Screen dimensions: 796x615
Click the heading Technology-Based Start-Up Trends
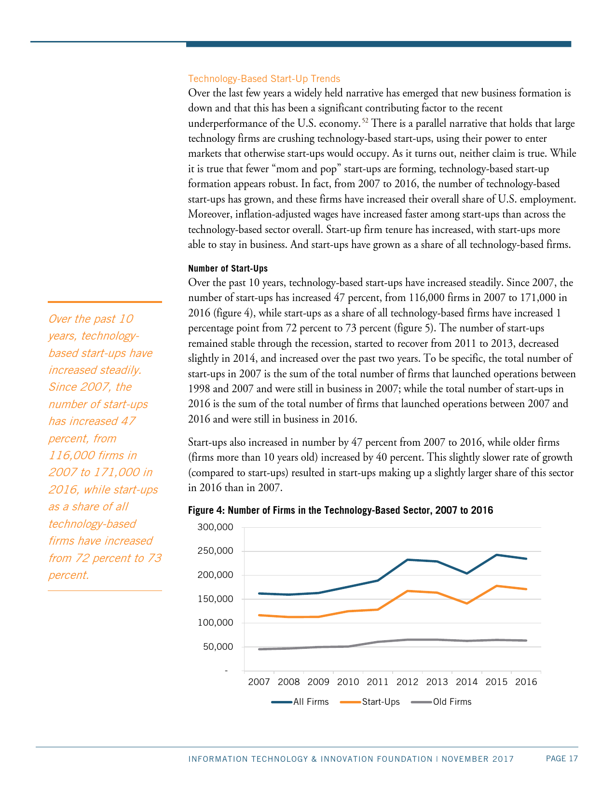pyautogui.click(x=264, y=79)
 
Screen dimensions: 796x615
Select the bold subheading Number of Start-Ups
pyautogui.click(x=228, y=268)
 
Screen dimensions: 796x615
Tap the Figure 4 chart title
pyautogui.click(x=340, y=510)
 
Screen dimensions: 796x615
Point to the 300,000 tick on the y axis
pyautogui.click(x=215, y=527)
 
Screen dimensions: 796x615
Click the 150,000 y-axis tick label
pyautogui.click(x=215, y=599)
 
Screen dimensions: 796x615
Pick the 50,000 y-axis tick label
pyautogui.click(x=218, y=646)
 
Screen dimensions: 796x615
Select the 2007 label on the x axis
pyautogui.click(x=259, y=682)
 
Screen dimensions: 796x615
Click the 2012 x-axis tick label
pyautogui.click(x=407, y=682)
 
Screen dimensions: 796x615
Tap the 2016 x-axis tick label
pyautogui.click(x=526, y=682)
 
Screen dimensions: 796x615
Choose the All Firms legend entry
pyautogui.click(x=300, y=702)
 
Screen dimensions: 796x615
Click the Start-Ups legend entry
pyautogui.click(x=370, y=702)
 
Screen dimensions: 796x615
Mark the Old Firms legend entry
pyautogui.click(x=441, y=702)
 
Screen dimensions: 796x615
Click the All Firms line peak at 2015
pyautogui.click(x=496, y=555)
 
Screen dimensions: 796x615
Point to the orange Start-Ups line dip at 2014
pyautogui.click(x=467, y=603)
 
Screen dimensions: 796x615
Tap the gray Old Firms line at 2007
pyautogui.click(x=260, y=649)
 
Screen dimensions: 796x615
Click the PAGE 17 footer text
pyautogui.click(x=561, y=759)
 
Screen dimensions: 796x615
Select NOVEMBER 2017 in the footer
pyautogui.click(x=478, y=759)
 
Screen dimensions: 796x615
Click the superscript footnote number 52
pyautogui.click(x=365, y=120)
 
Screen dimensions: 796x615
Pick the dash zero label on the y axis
pyautogui.click(x=225, y=671)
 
